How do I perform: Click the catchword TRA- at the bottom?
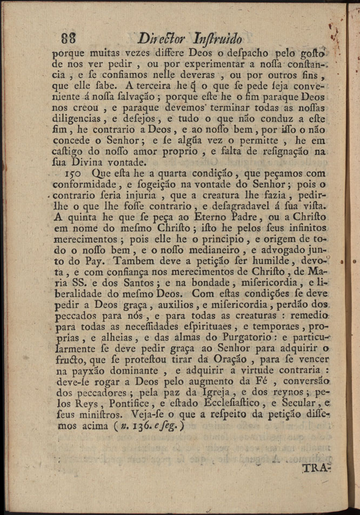(316, 468)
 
